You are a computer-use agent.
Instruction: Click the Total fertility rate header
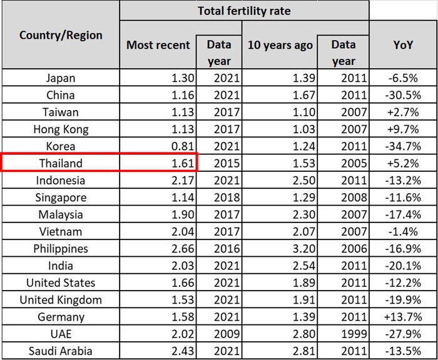(244, 11)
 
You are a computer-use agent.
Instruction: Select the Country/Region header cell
(61, 35)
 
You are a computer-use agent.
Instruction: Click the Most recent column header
(158, 45)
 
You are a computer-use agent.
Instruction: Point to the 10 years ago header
(280, 45)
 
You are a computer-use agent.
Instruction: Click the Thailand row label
(61, 164)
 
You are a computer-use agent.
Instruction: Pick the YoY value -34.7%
(403, 147)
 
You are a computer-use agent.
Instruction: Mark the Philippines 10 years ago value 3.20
(300, 249)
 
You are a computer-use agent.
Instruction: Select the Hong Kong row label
(61, 130)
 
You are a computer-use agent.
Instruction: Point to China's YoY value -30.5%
(403, 96)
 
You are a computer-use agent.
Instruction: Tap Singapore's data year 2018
(218, 197)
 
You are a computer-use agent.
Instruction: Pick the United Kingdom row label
(61, 299)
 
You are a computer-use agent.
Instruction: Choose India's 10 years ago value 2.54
(300, 266)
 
